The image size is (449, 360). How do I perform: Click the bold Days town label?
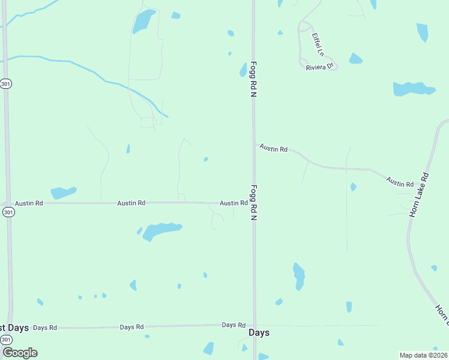click(259, 332)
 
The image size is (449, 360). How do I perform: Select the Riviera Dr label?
click(319, 67)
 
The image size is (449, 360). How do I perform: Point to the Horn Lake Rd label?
click(419, 194)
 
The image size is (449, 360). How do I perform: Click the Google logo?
click(20, 352)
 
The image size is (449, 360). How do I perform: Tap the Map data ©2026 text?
click(423, 355)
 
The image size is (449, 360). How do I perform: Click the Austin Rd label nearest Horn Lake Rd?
click(400, 181)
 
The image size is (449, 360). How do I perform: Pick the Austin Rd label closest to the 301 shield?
click(29, 203)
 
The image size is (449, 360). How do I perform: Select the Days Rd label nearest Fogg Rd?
click(234, 325)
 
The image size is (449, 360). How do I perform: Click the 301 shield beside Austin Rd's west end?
click(6, 212)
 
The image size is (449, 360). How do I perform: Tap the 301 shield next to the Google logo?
click(6, 340)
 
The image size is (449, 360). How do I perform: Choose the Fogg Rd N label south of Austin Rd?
click(253, 202)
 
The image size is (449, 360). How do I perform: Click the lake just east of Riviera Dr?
click(356, 59)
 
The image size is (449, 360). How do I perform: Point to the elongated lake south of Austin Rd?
click(160, 230)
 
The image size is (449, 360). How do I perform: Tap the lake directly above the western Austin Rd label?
click(63, 193)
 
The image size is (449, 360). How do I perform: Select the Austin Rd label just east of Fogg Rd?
click(274, 148)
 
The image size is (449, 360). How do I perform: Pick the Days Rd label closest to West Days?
click(45, 328)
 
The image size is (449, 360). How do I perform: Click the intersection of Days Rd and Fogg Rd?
click(254, 325)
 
